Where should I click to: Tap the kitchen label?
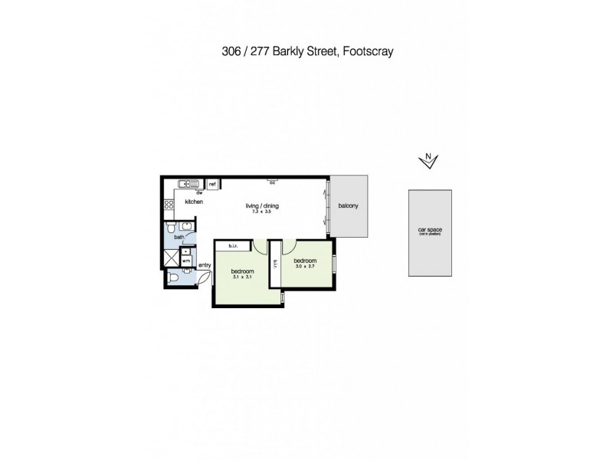[x=193, y=202]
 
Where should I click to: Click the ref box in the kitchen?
[x=212, y=185]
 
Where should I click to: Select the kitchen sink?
[x=188, y=184]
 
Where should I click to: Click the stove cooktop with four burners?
[x=169, y=204]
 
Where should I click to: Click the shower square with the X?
[x=171, y=257]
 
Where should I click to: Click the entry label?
[x=205, y=266]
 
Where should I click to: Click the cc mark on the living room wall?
[x=272, y=182]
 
